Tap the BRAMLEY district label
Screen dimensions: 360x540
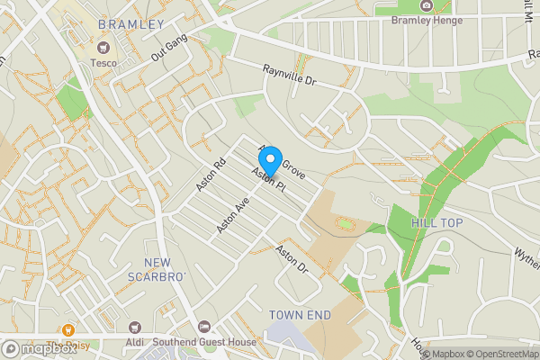coord(130,24)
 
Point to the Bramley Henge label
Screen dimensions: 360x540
coord(427,21)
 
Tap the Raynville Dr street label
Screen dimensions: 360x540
coord(291,75)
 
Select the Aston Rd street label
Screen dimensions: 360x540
coord(211,175)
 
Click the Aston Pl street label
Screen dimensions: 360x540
coord(268,182)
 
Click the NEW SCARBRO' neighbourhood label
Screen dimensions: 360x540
coord(157,269)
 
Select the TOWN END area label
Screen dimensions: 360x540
coord(300,315)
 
